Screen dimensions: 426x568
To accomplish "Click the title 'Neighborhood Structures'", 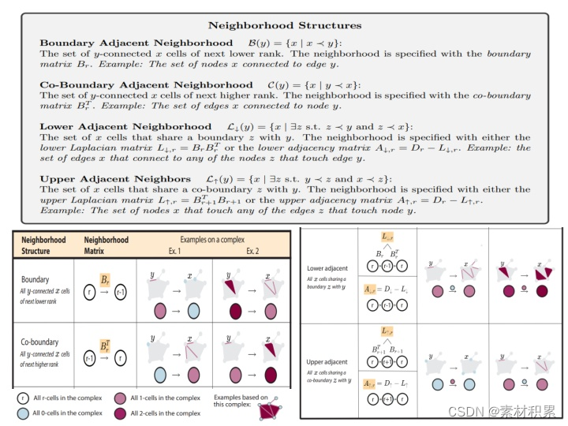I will [x=284, y=26].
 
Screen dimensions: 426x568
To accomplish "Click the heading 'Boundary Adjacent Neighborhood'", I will [x=136, y=43].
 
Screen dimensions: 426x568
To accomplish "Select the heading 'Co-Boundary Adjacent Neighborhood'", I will [x=147, y=84].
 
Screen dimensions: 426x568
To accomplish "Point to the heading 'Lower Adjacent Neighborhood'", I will [x=126, y=126].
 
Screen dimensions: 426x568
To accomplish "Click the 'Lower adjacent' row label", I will [x=326, y=268].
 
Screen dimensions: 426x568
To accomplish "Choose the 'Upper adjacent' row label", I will [x=326, y=361].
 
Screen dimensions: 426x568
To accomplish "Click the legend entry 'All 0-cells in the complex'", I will [x=67, y=413].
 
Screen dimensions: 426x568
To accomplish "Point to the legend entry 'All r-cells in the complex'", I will [x=67, y=398].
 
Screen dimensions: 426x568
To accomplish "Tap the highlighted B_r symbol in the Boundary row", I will [x=105, y=280].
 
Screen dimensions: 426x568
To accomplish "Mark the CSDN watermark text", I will [x=502, y=411].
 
